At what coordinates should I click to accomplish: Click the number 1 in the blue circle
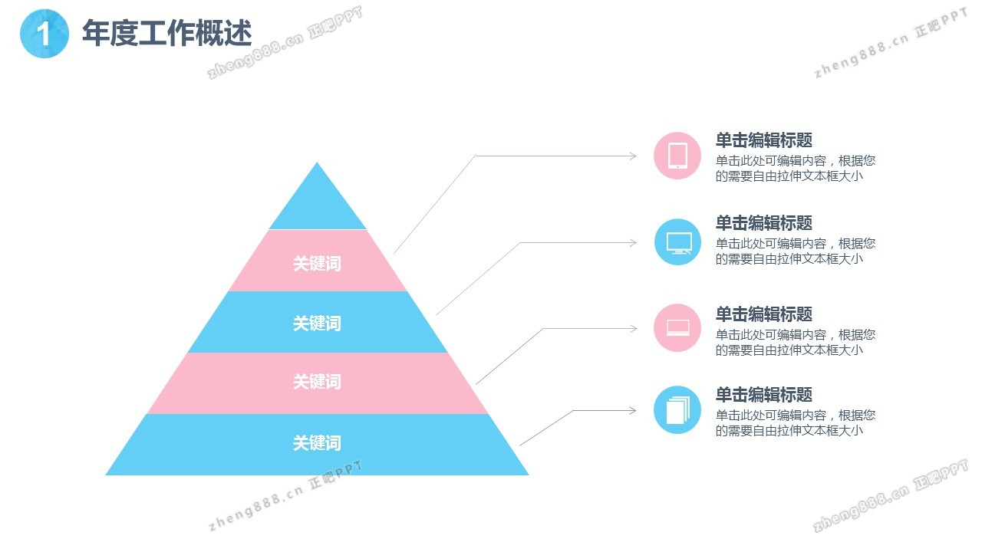coord(44,34)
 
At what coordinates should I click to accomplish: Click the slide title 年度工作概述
coord(167,33)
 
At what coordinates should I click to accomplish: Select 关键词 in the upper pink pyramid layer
coord(317,263)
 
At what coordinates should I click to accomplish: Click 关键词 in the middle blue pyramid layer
coord(317,324)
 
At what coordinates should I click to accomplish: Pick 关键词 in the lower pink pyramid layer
coord(317,382)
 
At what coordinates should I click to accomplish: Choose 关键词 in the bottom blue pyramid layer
coord(317,443)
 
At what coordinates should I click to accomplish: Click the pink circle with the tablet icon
coord(677,156)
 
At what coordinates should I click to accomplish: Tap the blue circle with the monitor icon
coord(677,242)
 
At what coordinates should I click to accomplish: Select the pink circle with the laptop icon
coord(677,327)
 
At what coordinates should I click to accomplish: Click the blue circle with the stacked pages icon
coord(677,410)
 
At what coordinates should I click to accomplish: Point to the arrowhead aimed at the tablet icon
coord(633,156)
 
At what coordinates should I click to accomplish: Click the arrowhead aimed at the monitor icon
coord(633,242)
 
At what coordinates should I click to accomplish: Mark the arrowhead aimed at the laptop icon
coord(633,328)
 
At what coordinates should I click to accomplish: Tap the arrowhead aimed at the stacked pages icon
coord(633,410)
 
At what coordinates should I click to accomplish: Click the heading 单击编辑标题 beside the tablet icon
coord(763,140)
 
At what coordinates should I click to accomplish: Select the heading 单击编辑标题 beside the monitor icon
coord(763,223)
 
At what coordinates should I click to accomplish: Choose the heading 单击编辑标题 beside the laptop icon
coord(763,314)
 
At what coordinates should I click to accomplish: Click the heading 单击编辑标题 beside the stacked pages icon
coord(763,395)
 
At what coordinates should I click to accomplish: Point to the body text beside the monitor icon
coord(796,251)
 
